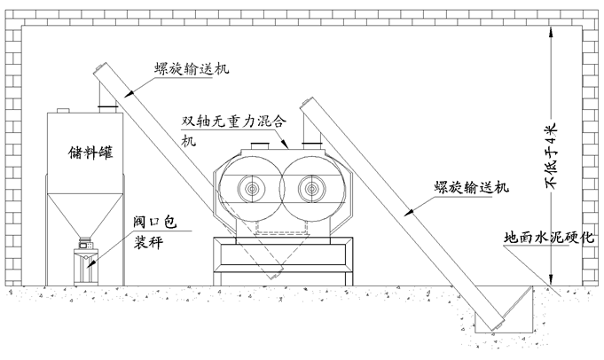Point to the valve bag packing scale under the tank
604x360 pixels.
[x=85, y=263]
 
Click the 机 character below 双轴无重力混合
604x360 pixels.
[x=189, y=140]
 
